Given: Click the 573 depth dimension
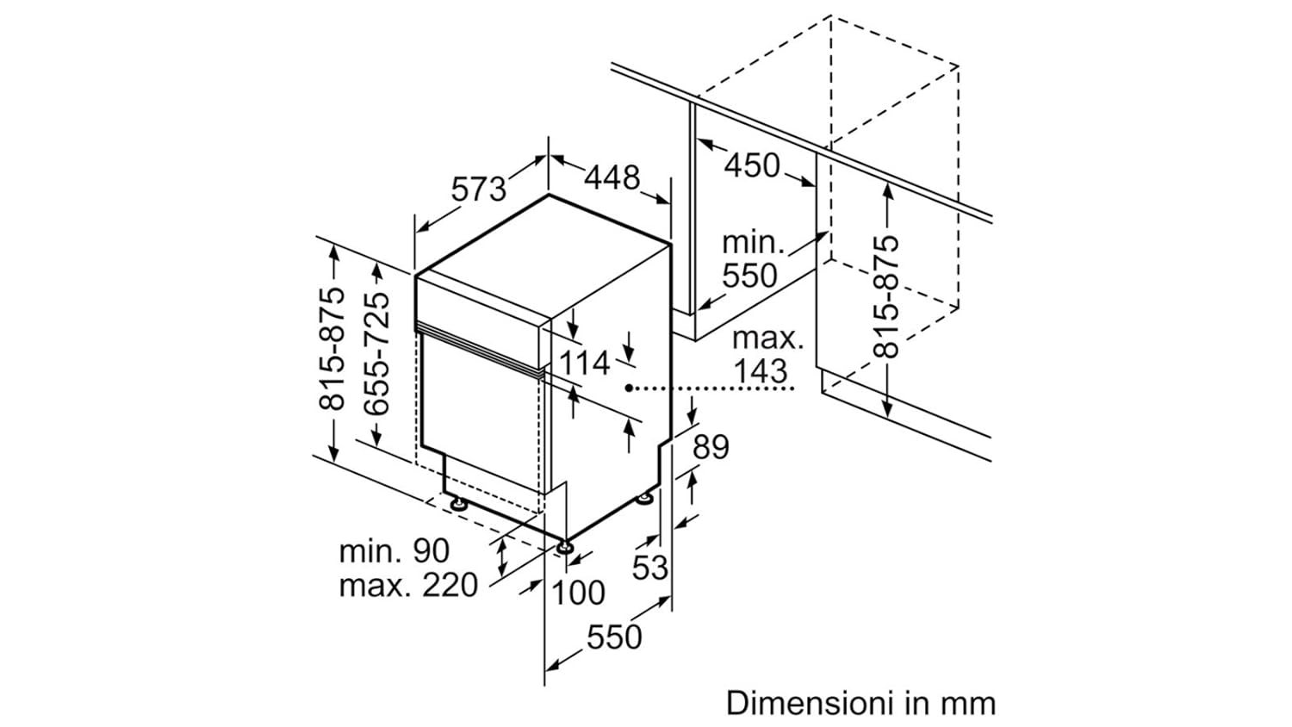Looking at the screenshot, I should click(480, 189).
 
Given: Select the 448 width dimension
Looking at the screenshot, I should click(612, 177).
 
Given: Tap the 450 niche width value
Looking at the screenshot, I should click(751, 165).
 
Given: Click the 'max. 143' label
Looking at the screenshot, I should click(765, 355).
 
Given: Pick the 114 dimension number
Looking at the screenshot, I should click(585, 363).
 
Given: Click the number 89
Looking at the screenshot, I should click(711, 447).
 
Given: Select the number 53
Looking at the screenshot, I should click(650, 568).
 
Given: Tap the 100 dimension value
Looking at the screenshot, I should click(578, 593).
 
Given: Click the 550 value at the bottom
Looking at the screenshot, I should click(614, 637).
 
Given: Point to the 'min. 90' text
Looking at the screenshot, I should click(394, 550).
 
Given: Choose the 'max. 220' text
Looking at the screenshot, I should click(408, 586).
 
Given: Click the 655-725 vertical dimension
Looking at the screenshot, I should click(376, 354).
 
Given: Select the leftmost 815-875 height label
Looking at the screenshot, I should click(332, 348).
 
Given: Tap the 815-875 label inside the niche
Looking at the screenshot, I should click(886, 296).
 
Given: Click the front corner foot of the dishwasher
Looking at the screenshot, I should click(565, 547).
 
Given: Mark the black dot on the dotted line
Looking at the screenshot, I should click(630, 388).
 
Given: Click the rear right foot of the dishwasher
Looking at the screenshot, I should click(644, 499).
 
